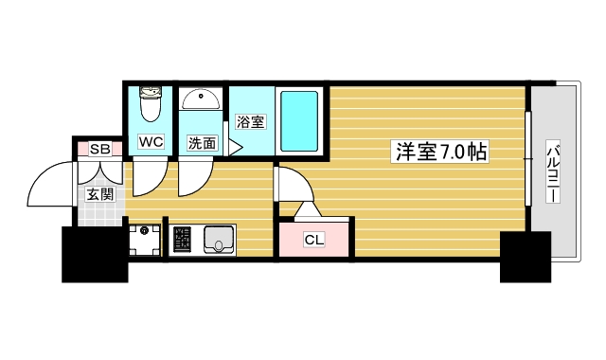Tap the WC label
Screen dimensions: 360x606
click(151, 142)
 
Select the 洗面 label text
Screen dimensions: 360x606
click(202, 143)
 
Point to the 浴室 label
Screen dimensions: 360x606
click(250, 121)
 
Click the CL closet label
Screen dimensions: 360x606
click(313, 240)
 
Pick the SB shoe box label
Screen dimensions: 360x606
click(98, 149)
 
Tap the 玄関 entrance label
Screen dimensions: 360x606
click(99, 194)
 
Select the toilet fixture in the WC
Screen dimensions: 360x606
click(151, 104)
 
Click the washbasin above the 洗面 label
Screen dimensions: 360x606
click(201, 99)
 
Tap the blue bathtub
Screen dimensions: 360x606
click(299, 119)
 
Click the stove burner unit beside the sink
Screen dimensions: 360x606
click(182, 239)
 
